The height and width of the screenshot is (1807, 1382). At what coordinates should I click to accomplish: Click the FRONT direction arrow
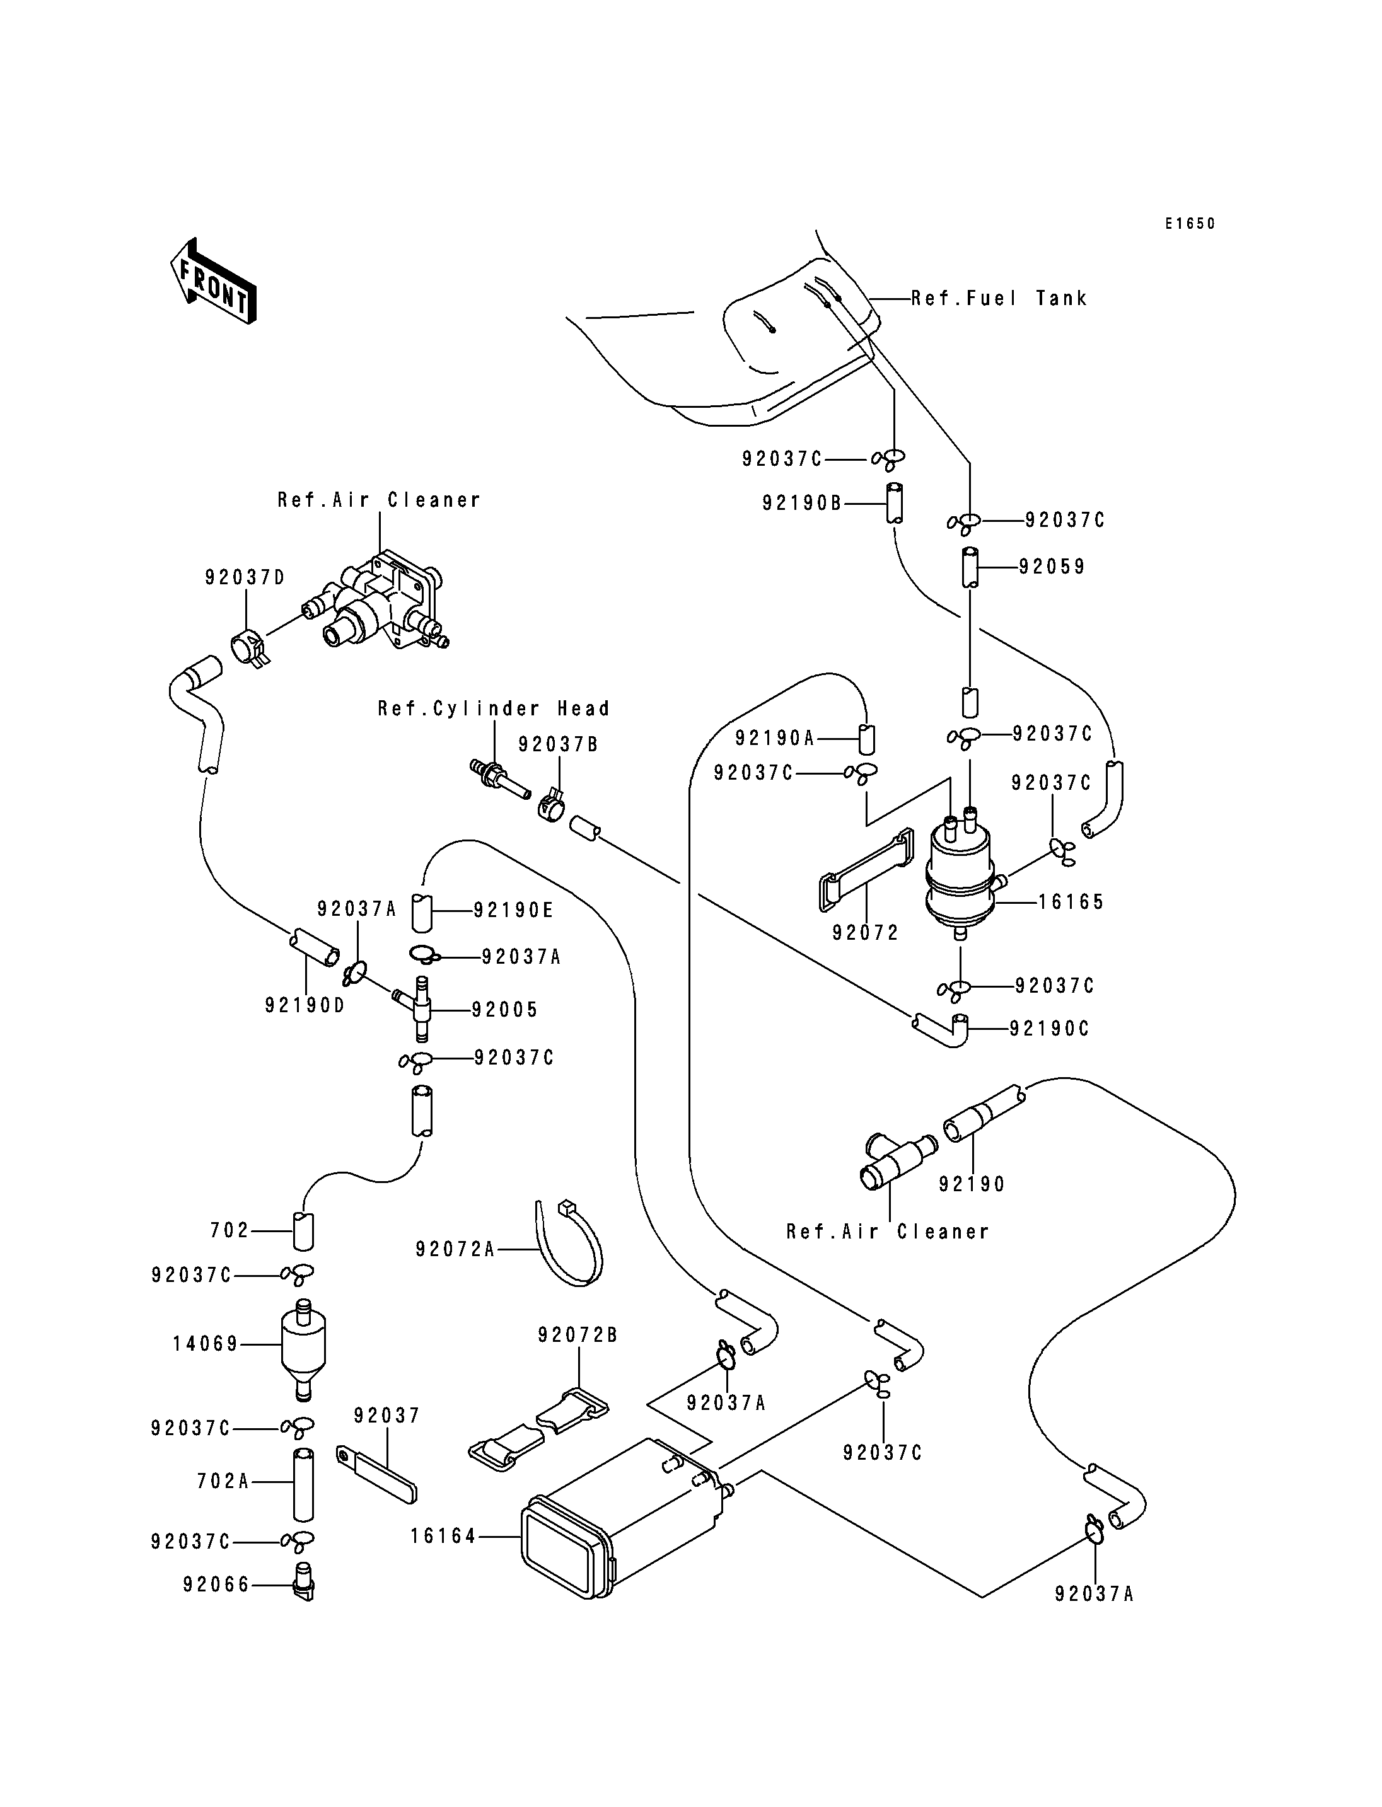pyautogui.click(x=212, y=281)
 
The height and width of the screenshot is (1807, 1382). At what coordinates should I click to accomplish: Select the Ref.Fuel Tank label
pyautogui.click(x=999, y=299)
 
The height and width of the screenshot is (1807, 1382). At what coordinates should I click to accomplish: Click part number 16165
pyautogui.click(x=1071, y=903)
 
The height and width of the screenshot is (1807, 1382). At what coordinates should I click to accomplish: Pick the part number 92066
pyautogui.click(x=216, y=1585)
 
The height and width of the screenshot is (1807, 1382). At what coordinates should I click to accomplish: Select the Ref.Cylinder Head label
pyautogui.click(x=494, y=709)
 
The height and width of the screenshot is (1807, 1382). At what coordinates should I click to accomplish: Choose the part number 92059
pyautogui.click(x=1052, y=567)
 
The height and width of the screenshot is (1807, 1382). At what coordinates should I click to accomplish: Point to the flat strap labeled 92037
pyautogui.click(x=378, y=1476)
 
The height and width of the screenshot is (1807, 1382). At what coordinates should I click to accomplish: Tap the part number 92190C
pyautogui.click(x=1049, y=1029)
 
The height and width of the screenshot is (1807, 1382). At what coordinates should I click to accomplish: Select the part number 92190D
pyautogui.click(x=305, y=1005)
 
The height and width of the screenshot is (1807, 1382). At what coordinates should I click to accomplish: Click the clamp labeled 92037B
pyautogui.click(x=552, y=806)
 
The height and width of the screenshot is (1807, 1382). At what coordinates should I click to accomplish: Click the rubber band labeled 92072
pyautogui.click(x=864, y=870)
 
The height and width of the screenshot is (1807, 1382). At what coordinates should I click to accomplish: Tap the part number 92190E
pyautogui.click(x=513, y=911)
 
